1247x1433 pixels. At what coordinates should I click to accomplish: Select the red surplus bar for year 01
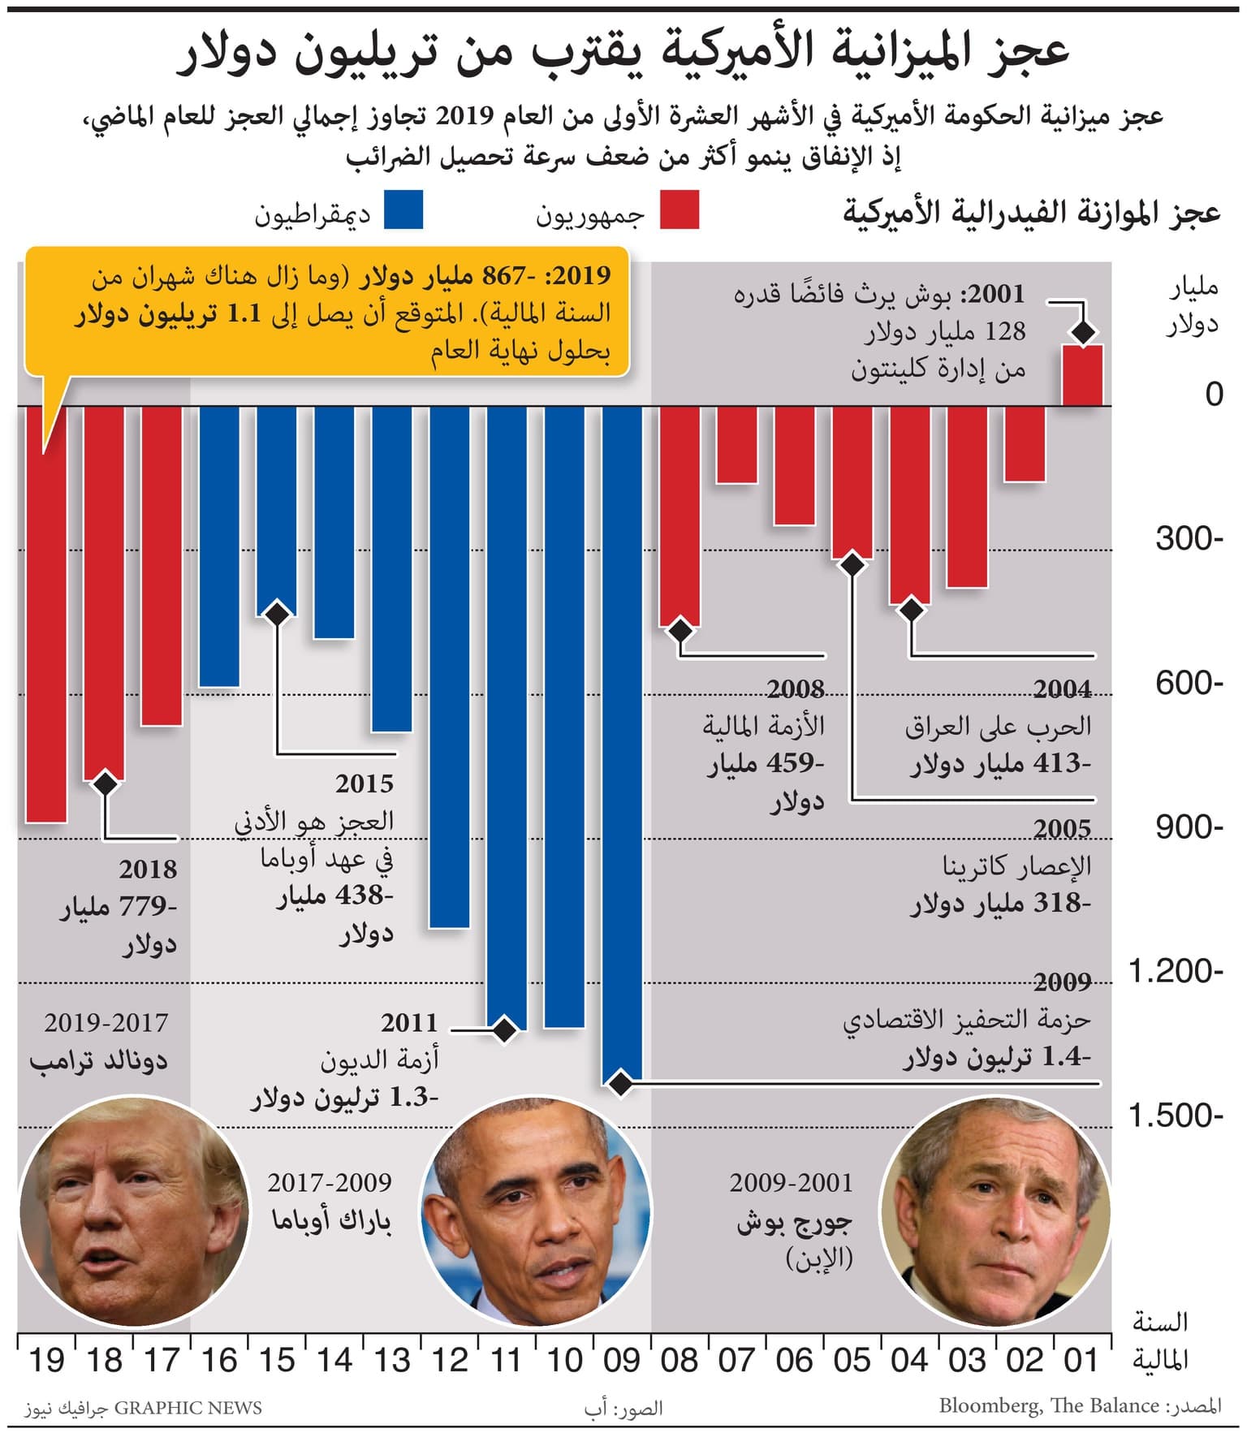click(x=1082, y=375)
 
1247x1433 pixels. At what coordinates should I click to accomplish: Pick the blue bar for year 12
click(x=449, y=666)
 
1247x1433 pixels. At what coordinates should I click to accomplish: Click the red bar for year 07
click(x=736, y=445)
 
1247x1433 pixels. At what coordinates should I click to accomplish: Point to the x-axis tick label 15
click(x=276, y=1360)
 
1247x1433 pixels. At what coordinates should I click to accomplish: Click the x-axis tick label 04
click(x=909, y=1360)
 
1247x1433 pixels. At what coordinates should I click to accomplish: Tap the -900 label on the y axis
click(x=1189, y=827)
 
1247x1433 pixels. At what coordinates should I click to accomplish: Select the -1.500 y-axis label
click(x=1175, y=1116)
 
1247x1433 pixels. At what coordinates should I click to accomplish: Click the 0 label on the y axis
click(x=1214, y=395)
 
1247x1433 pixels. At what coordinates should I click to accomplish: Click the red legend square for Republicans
click(x=679, y=209)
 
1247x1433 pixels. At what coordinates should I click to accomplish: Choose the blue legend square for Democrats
click(x=403, y=209)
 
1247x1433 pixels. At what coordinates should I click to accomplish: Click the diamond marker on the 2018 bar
click(x=105, y=783)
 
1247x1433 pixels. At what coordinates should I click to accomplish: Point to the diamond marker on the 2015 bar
click(x=277, y=613)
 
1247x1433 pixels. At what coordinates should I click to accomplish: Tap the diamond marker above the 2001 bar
click(x=1083, y=331)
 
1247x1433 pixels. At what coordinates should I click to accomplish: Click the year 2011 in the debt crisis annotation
click(x=409, y=1022)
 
